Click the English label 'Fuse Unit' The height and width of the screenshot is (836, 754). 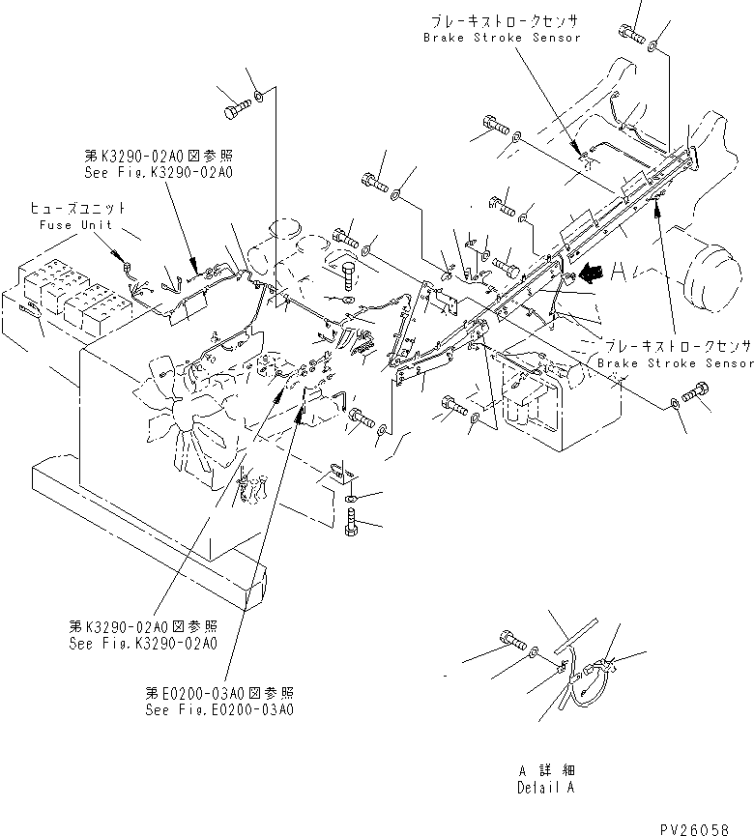pos(76,225)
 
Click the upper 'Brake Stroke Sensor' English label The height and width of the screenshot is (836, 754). pos(503,37)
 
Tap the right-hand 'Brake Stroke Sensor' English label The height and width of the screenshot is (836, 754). pos(675,362)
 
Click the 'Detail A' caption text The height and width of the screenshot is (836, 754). pos(546,789)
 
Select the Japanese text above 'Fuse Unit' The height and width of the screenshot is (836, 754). pos(76,209)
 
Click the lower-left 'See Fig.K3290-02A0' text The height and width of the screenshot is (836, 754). pos(142,642)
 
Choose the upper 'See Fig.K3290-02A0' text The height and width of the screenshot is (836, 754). pos(158,172)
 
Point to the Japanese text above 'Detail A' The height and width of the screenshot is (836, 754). pos(546,771)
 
